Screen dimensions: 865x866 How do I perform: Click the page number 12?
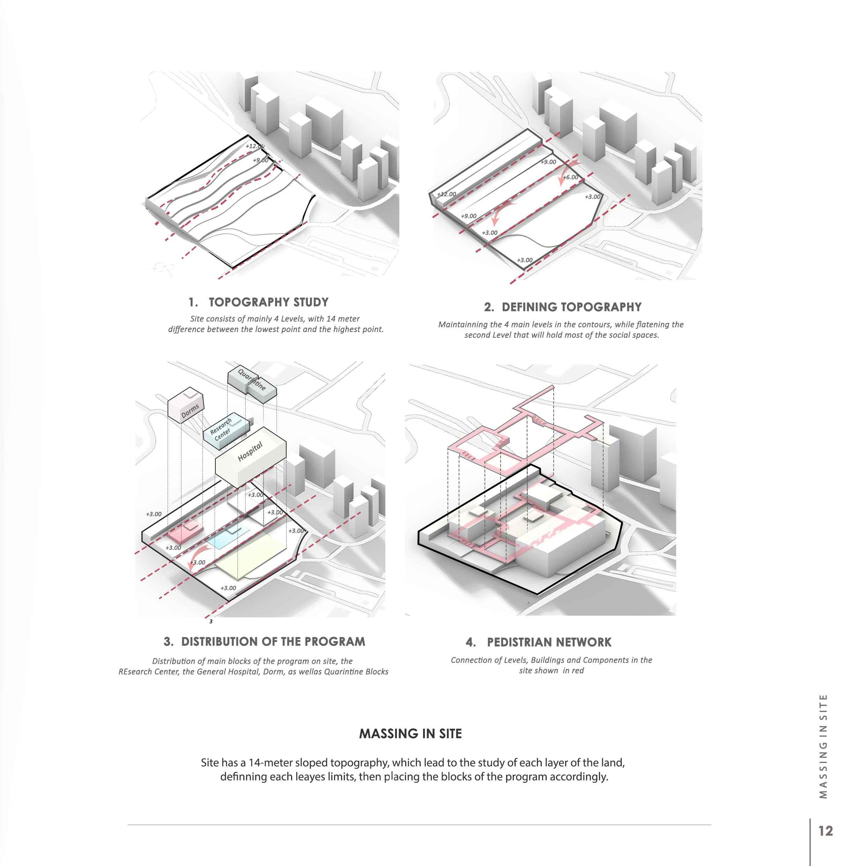(826, 831)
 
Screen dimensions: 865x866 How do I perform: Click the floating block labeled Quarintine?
(252, 382)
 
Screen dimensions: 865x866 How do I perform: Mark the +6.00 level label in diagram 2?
(570, 177)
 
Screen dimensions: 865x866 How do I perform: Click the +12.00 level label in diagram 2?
(446, 195)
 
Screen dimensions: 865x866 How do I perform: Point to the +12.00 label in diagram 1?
(254, 146)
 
